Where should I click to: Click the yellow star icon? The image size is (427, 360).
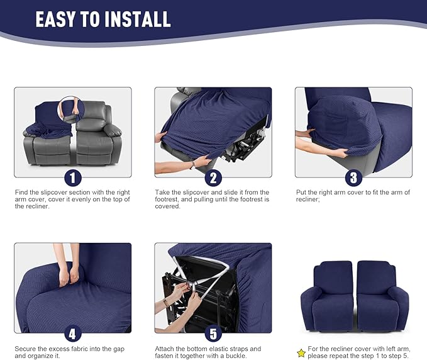point(301,353)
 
